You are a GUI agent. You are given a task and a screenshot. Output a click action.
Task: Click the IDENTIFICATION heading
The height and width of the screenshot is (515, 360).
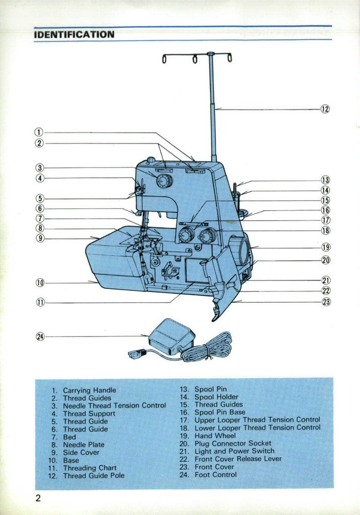pyautogui.click(x=74, y=35)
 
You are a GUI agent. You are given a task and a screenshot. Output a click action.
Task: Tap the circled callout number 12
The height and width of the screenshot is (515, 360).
pyautogui.click(x=325, y=109)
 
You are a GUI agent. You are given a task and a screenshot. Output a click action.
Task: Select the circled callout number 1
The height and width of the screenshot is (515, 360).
pyautogui.click(x=39, y=133)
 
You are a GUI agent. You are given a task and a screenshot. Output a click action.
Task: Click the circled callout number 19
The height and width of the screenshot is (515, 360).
pyautogui.click(x=326, y=247)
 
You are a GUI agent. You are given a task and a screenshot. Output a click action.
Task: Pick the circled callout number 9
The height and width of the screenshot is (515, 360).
pyautogui.click(x=40, y=238)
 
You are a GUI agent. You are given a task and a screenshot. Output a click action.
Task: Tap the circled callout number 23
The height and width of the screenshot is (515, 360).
pyautogui.click(x=326, y=302)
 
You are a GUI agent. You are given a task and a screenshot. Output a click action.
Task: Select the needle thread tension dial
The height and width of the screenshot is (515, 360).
pyautogui.click(x=164, y=181)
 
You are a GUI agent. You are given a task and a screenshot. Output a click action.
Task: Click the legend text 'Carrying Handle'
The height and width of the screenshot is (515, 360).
pyautogui.click(x=89, y=390)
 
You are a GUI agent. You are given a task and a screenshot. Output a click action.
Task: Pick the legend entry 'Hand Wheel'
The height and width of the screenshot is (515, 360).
pyautogui.click(x=215, y=436)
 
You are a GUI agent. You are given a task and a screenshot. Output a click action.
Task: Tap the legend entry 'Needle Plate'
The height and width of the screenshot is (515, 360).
pyautogui.click(x=83, y=445)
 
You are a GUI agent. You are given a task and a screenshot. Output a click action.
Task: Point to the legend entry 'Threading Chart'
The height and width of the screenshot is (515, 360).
pyautogui.click(x=89, y=468)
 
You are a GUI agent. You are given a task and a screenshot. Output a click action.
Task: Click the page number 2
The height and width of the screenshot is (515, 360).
pyautogui.click(x=38, y=499)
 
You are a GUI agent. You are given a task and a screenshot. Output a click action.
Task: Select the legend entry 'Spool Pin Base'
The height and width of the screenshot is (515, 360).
pyautogui.click(x=220, y=412)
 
